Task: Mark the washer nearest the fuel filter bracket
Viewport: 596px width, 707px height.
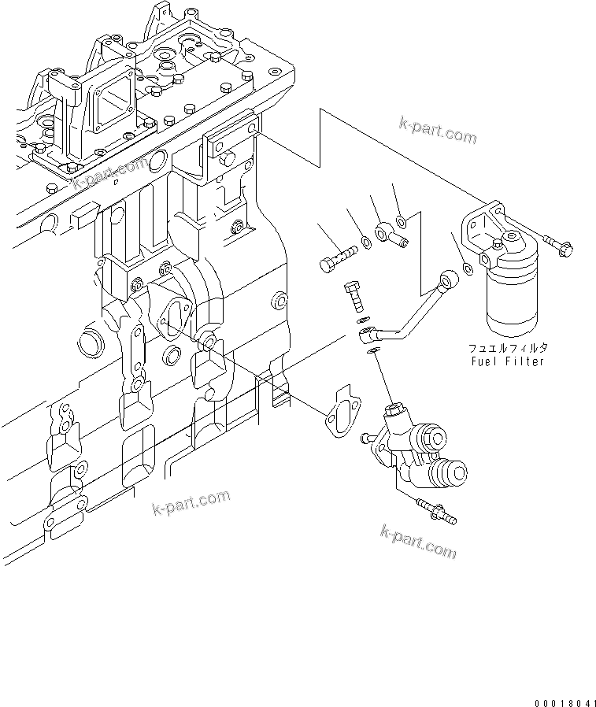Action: [x=468, y=269]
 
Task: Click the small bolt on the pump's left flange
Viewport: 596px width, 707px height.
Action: [x=368, y=435]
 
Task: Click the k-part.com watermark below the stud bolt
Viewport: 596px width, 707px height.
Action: [x=417, y=541]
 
